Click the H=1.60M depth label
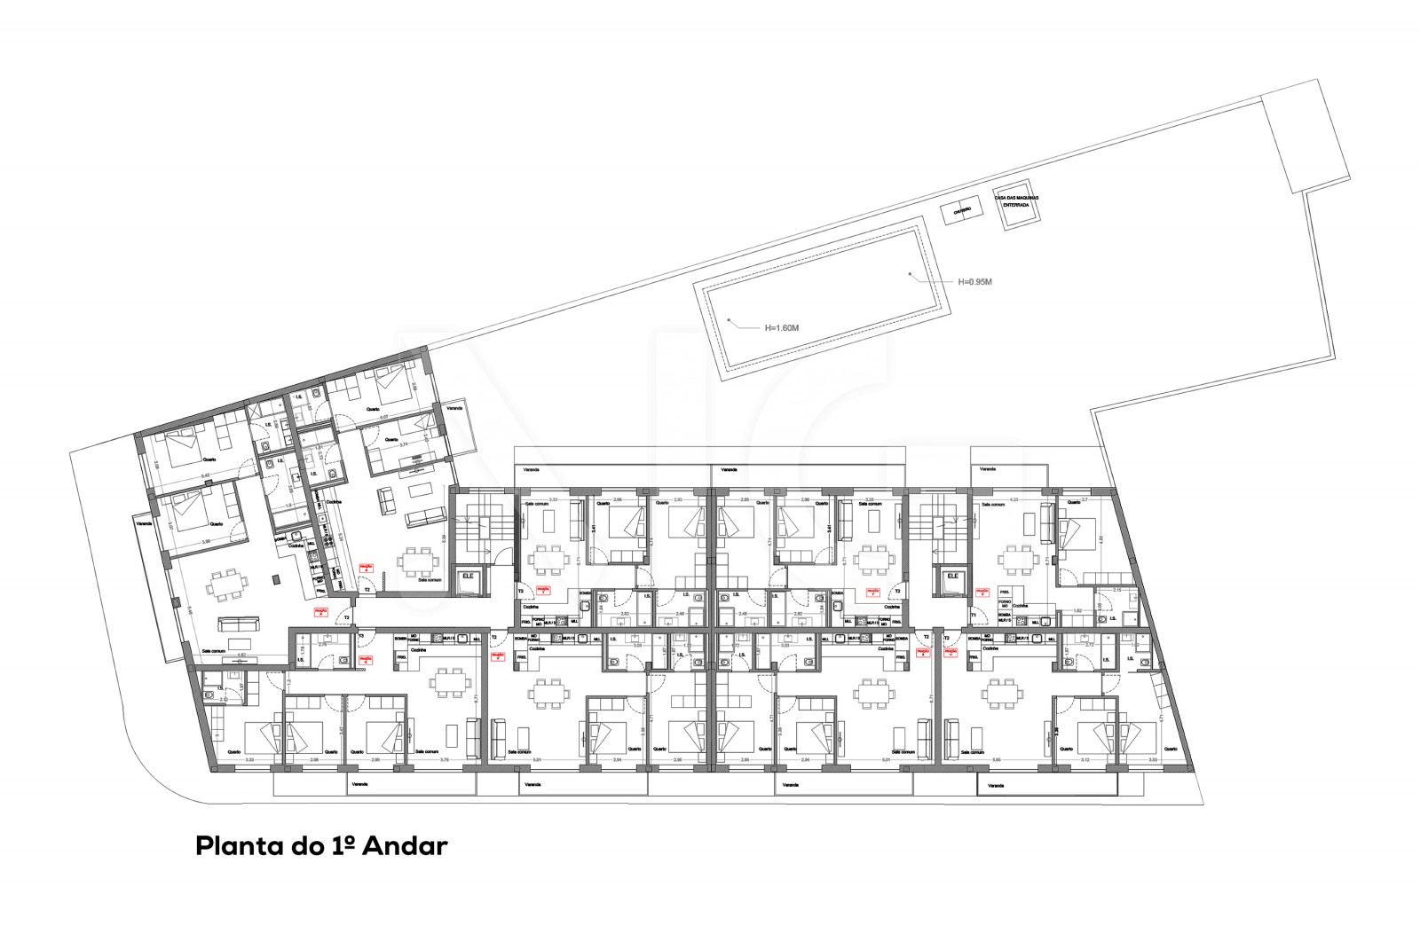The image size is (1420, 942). tap(782, 327)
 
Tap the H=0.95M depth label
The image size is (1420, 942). tap(974, 281)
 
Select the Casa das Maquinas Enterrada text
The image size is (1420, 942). tap(1016, 200)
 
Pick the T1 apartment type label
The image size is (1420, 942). tap(973, 614)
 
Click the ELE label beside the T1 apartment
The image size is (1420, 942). tap(953, 576)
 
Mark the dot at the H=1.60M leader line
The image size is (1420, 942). tap(727, 318)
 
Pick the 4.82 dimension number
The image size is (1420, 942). tap(241, 654)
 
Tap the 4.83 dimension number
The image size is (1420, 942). tap(1101, 538)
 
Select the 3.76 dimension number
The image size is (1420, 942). tap(445, 759)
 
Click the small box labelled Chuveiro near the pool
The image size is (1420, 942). tap(961, 211)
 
